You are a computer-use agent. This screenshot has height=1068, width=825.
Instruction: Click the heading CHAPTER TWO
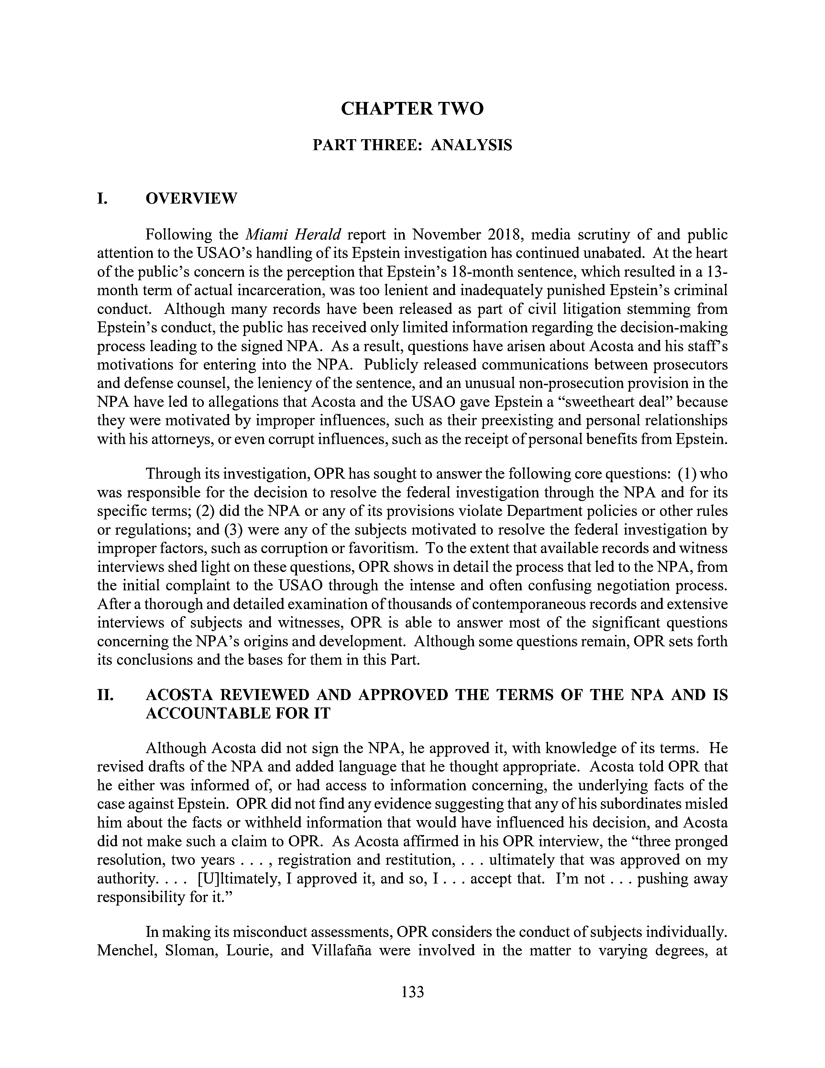pyautogui.click(x=412, y=108)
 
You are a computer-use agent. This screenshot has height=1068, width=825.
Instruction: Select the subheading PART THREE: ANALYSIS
pyautogui.click(x=412, y=145)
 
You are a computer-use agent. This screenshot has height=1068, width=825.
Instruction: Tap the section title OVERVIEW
pyautogui.click(x=191, y=198)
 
